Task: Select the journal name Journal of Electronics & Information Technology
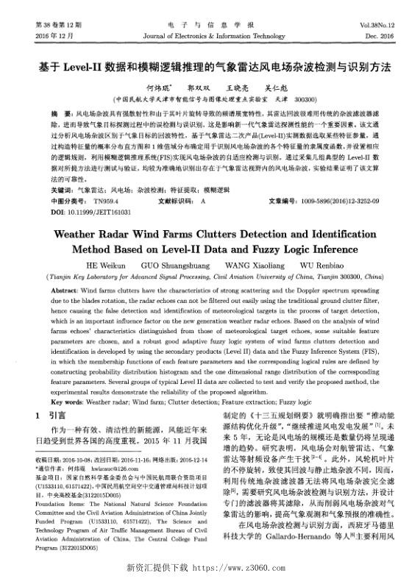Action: [x=205, y=35]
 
